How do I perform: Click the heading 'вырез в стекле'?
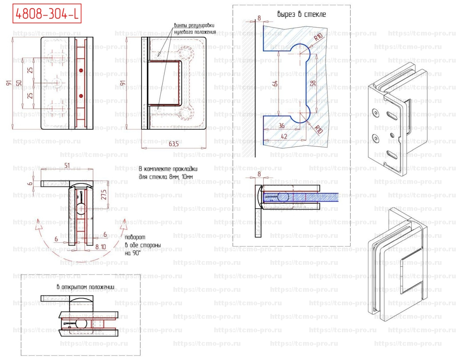[301, 15]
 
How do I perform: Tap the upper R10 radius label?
[318, 37]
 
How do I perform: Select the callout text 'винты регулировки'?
[195, 25]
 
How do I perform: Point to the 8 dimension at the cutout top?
[258, 17]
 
